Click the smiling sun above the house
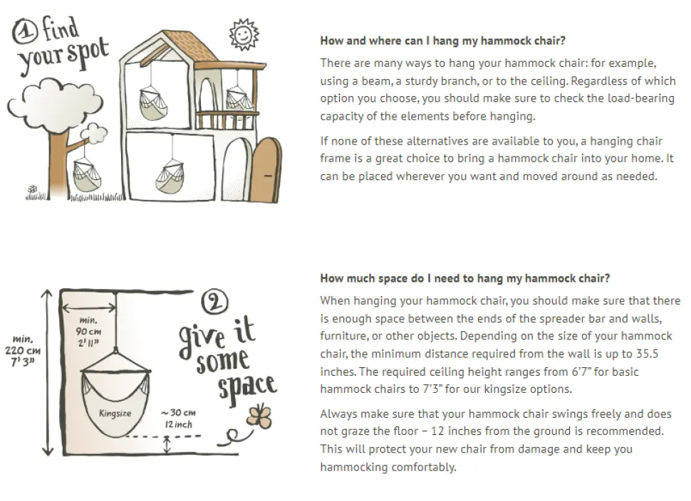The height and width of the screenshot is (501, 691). (244, 34)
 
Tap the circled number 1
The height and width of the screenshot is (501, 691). (25, 33)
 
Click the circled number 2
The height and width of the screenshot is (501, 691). (214, 302)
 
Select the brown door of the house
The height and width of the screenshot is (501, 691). (266, 170)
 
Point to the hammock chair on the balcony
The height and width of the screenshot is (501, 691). (239, 99)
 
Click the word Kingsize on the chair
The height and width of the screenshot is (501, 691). (115, 413)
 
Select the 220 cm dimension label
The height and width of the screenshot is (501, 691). (23, 350)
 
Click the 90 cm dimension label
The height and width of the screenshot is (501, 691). (88, 331)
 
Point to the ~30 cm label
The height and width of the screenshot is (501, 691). (179, 418)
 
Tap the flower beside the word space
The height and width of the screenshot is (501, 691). (260, 416)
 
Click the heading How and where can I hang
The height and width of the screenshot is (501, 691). (442, 41)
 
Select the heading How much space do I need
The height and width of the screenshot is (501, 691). (465, 278)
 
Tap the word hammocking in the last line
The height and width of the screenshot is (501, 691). (353, 467)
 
